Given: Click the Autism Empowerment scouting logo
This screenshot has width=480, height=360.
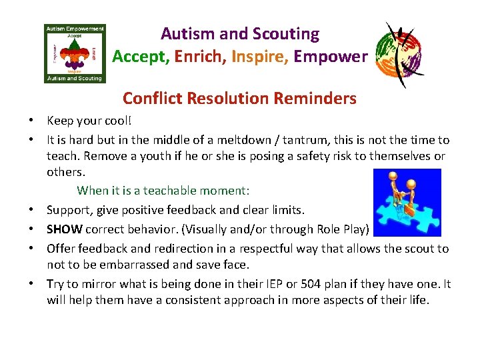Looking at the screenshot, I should click(x=74, y=53).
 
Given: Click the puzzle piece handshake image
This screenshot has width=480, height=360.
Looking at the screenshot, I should click(x=407, y=202).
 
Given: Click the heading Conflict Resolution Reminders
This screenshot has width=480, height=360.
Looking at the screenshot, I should click(x=239, y=99).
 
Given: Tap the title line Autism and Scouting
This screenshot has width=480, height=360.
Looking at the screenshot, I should click(x=239, y=33).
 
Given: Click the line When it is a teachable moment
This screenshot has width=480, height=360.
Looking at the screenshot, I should click(x=163, y=191).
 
